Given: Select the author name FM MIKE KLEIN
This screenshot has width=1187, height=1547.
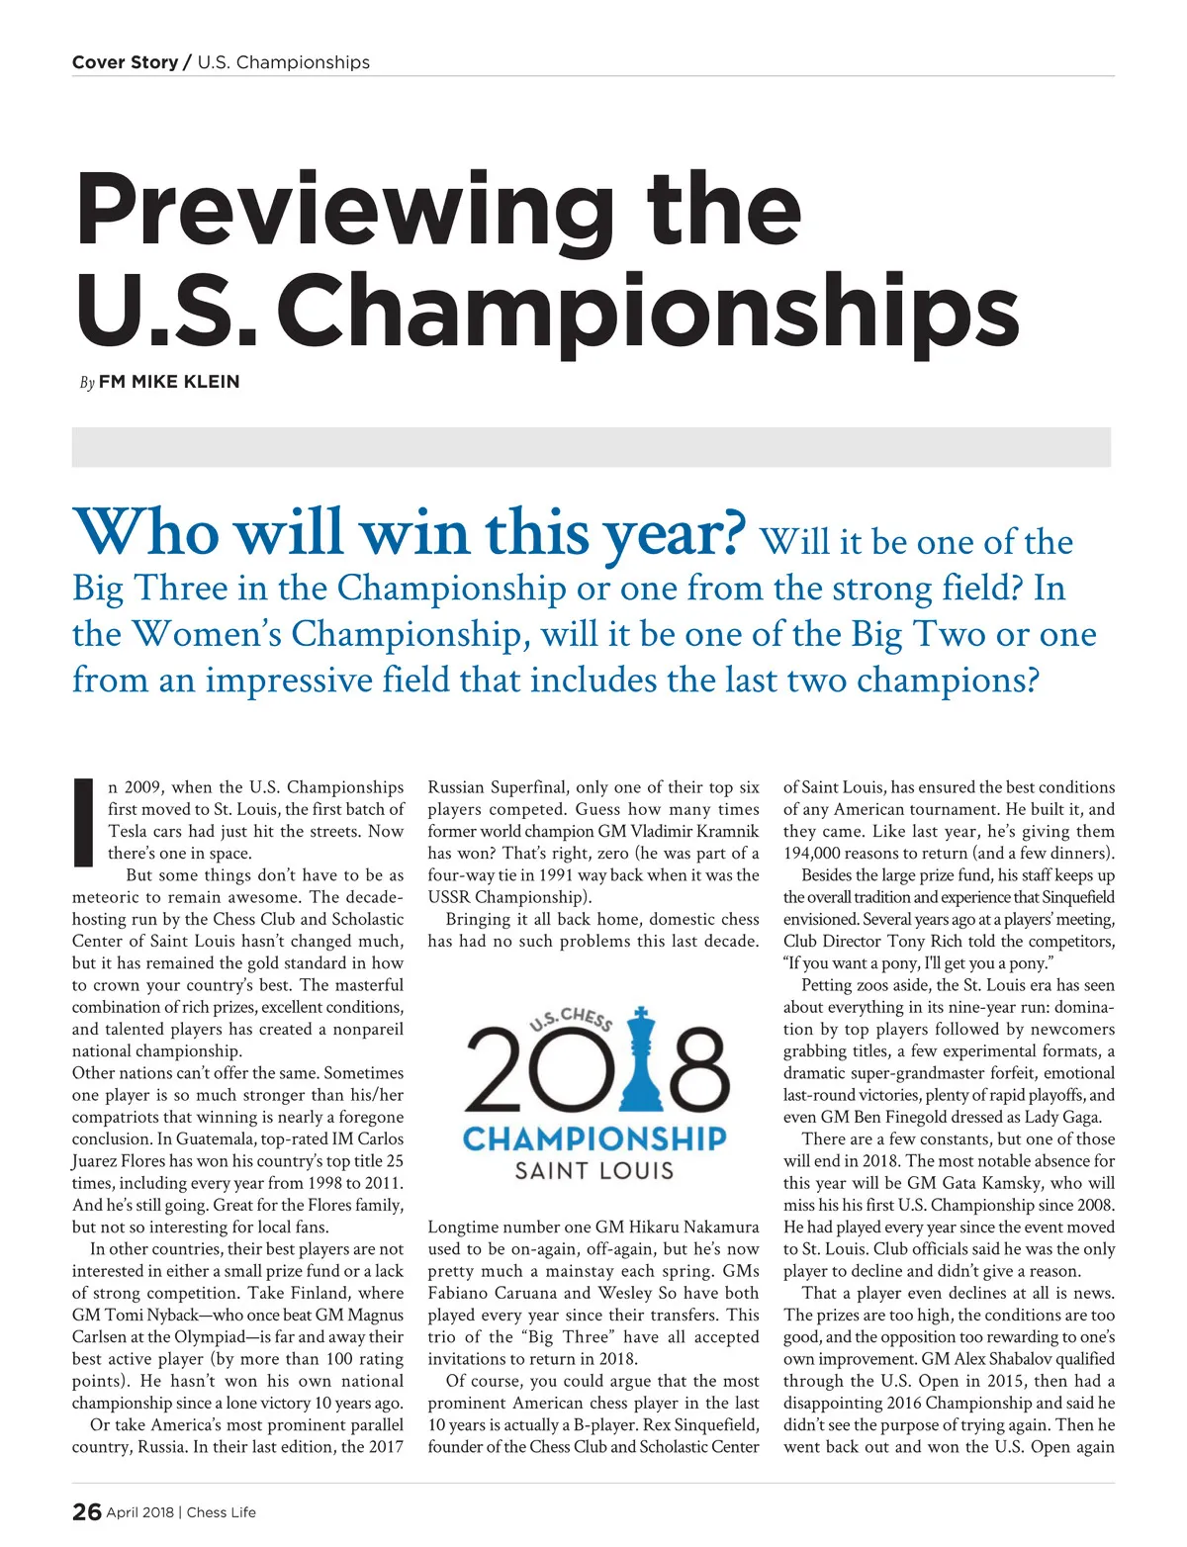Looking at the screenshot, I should tap(169, 382).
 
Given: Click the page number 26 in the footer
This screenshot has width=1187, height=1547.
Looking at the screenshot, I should tap(87, 1511).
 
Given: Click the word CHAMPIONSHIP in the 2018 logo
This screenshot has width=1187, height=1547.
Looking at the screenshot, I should tap(594, 1138).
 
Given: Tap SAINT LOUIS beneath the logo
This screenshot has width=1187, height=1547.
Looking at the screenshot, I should tap(594, 1171).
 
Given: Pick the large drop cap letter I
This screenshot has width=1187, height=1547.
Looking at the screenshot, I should tap(83, 821).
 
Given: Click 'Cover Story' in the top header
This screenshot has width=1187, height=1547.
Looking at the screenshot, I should tap(125, 62).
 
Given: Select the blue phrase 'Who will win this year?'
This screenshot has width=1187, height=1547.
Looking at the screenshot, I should tap(409, 534).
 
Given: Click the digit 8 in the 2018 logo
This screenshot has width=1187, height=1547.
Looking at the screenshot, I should tap(693, 1070).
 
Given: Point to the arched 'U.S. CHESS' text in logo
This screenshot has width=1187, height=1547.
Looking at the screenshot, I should tap(572, 1019).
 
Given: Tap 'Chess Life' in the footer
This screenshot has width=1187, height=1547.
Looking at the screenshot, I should tap(222, 1512).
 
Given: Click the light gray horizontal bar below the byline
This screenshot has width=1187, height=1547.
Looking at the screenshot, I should tap(592, 447).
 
